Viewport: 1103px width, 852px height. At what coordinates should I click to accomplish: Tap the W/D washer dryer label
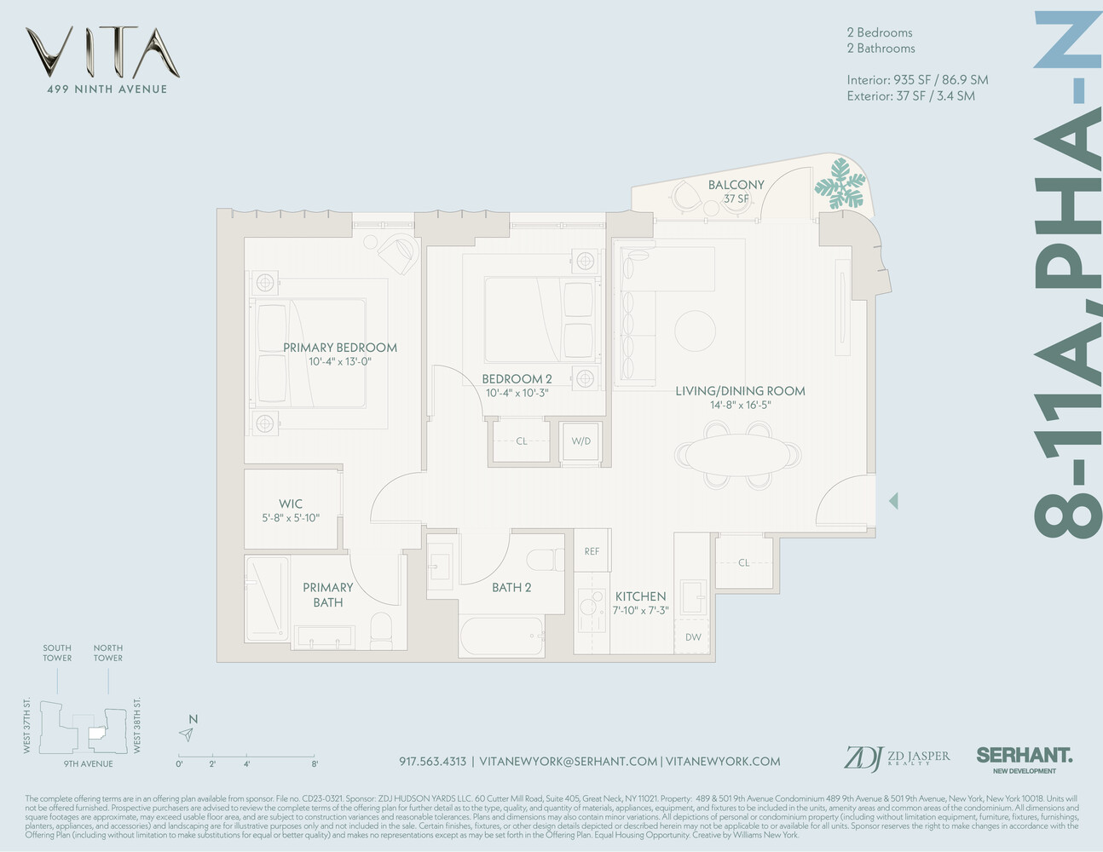(580, 441)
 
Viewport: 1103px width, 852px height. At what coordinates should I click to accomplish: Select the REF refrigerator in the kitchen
(592, 551)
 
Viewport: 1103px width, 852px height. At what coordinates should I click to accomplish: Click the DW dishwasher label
(693, 637)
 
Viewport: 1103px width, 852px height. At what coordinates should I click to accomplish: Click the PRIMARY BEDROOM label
(339, 348)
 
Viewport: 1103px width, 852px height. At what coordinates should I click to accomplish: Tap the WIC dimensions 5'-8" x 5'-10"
(291, 518)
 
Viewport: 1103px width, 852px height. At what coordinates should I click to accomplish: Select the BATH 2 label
(511, 587)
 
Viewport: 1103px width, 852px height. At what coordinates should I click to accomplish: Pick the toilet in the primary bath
(381, 629)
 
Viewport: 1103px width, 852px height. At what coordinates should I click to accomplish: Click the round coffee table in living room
(696, 330)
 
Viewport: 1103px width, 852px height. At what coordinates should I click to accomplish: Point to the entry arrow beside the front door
(892, 501)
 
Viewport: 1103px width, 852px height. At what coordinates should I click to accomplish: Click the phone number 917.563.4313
(432, 762)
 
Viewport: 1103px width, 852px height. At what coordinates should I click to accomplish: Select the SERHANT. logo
(1024, 756)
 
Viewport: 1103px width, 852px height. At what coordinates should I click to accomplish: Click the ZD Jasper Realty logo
(896, 757)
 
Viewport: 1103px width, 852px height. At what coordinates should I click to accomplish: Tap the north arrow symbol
(187, 734)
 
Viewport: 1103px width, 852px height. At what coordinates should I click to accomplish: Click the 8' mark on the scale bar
(315, 764)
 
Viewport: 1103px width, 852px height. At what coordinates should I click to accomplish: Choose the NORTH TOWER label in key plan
(108, 653)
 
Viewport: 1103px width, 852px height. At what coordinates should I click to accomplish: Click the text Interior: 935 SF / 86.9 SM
(917, 80)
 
